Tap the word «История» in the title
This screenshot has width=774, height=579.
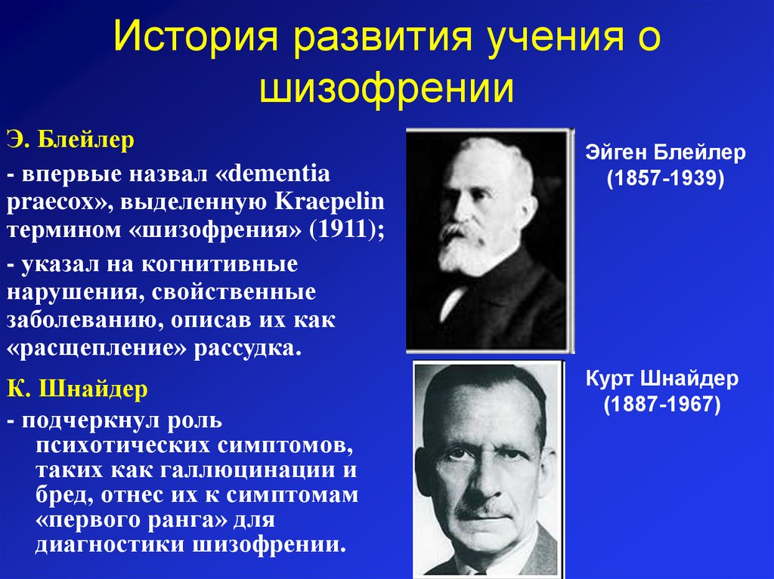tap(197, 36)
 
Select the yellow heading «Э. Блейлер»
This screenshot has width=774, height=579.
tap(70, 140)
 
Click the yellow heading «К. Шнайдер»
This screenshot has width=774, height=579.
tap(78, 389)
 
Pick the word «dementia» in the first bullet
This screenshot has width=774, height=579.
tap(279, 174)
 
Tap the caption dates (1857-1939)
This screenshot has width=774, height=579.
tap(665, 178)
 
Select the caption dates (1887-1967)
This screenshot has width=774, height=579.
tap(662, 404)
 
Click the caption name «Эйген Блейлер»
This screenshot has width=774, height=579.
tap(665, 153)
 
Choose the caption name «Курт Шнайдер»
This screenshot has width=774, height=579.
tap(662, 379)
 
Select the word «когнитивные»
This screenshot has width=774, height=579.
tap(220, 264)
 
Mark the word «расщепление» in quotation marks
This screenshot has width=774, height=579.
tap(97, 348)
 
